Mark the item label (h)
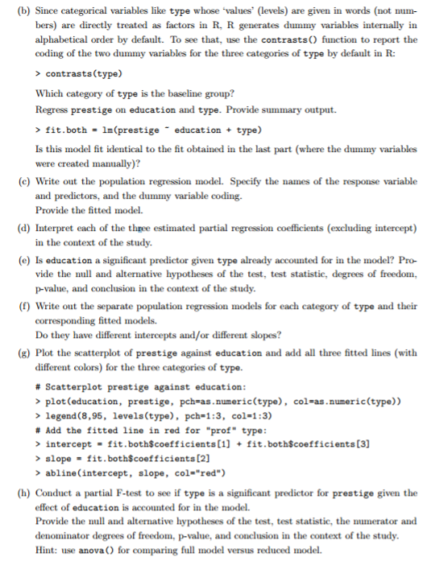[x=12, y=493]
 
